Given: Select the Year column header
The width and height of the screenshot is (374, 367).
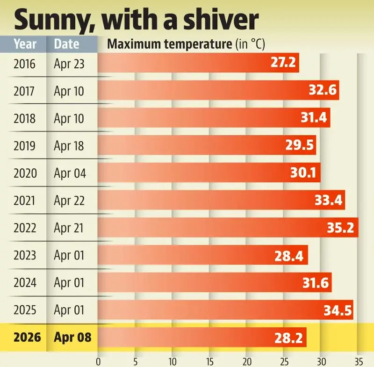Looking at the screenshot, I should pos(25,45).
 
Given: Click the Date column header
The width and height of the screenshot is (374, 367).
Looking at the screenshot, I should pos(67,45).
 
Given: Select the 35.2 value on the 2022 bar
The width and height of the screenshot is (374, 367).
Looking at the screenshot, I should pos(342,228).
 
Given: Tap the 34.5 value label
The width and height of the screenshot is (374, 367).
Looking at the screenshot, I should pos(337,310).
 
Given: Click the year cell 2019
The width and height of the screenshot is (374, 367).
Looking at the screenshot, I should pos(24,146).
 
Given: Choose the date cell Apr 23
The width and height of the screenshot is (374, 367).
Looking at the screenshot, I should pos(69,64).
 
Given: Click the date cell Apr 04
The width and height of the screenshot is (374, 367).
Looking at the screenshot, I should pos(70,173).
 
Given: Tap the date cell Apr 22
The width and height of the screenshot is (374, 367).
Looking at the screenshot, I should pos(69,201).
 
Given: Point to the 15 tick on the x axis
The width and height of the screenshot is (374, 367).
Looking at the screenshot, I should pos(209,361).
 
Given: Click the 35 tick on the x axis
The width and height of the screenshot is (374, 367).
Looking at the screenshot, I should pos(358,361).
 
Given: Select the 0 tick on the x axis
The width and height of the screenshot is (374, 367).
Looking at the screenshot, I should pos(98,361).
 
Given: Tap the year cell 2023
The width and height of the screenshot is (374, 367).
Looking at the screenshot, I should pos(24,256).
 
